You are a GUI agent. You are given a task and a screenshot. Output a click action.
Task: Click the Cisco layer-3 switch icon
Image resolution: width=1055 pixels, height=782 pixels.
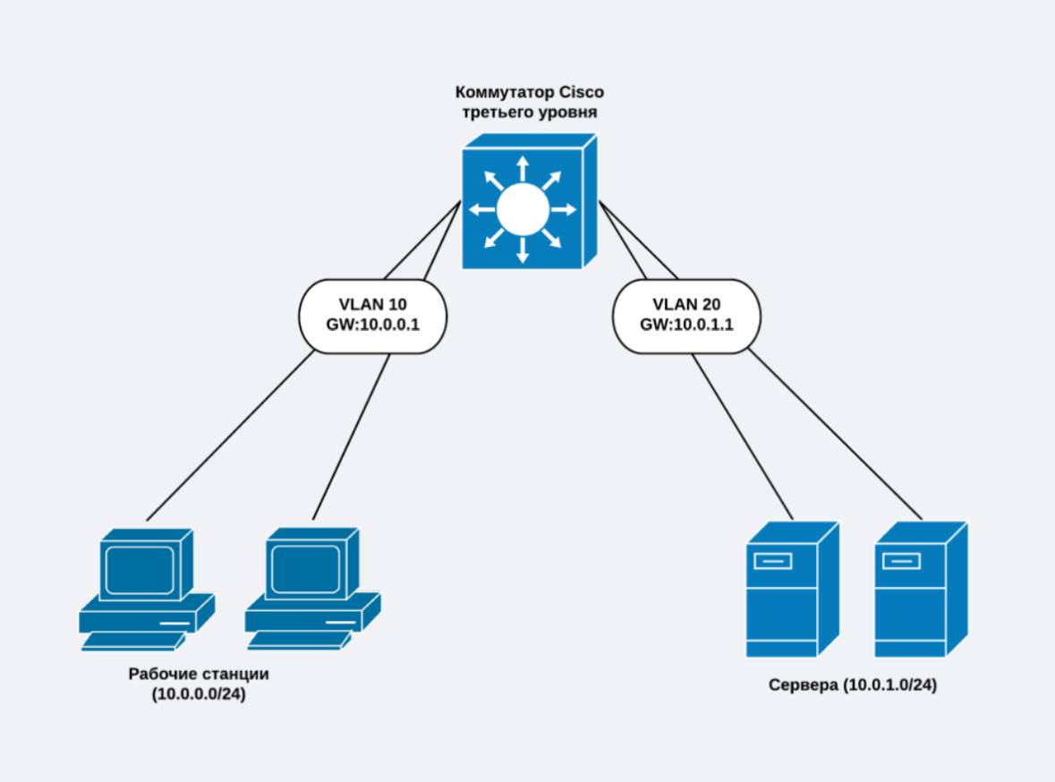tap(528, 202)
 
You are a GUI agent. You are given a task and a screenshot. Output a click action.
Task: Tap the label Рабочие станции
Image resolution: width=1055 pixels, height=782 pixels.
tap(199, 674)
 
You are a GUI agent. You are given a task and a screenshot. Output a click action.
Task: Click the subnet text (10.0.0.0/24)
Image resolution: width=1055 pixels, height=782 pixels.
tap(199, 693)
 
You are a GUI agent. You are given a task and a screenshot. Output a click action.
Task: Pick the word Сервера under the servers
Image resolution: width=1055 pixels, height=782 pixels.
tap(804, 685)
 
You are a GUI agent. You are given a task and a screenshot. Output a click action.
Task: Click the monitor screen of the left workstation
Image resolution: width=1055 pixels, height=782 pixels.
tap(138, 566)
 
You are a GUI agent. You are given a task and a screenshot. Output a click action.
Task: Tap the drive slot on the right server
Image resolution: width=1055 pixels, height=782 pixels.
tap(901, 562)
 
